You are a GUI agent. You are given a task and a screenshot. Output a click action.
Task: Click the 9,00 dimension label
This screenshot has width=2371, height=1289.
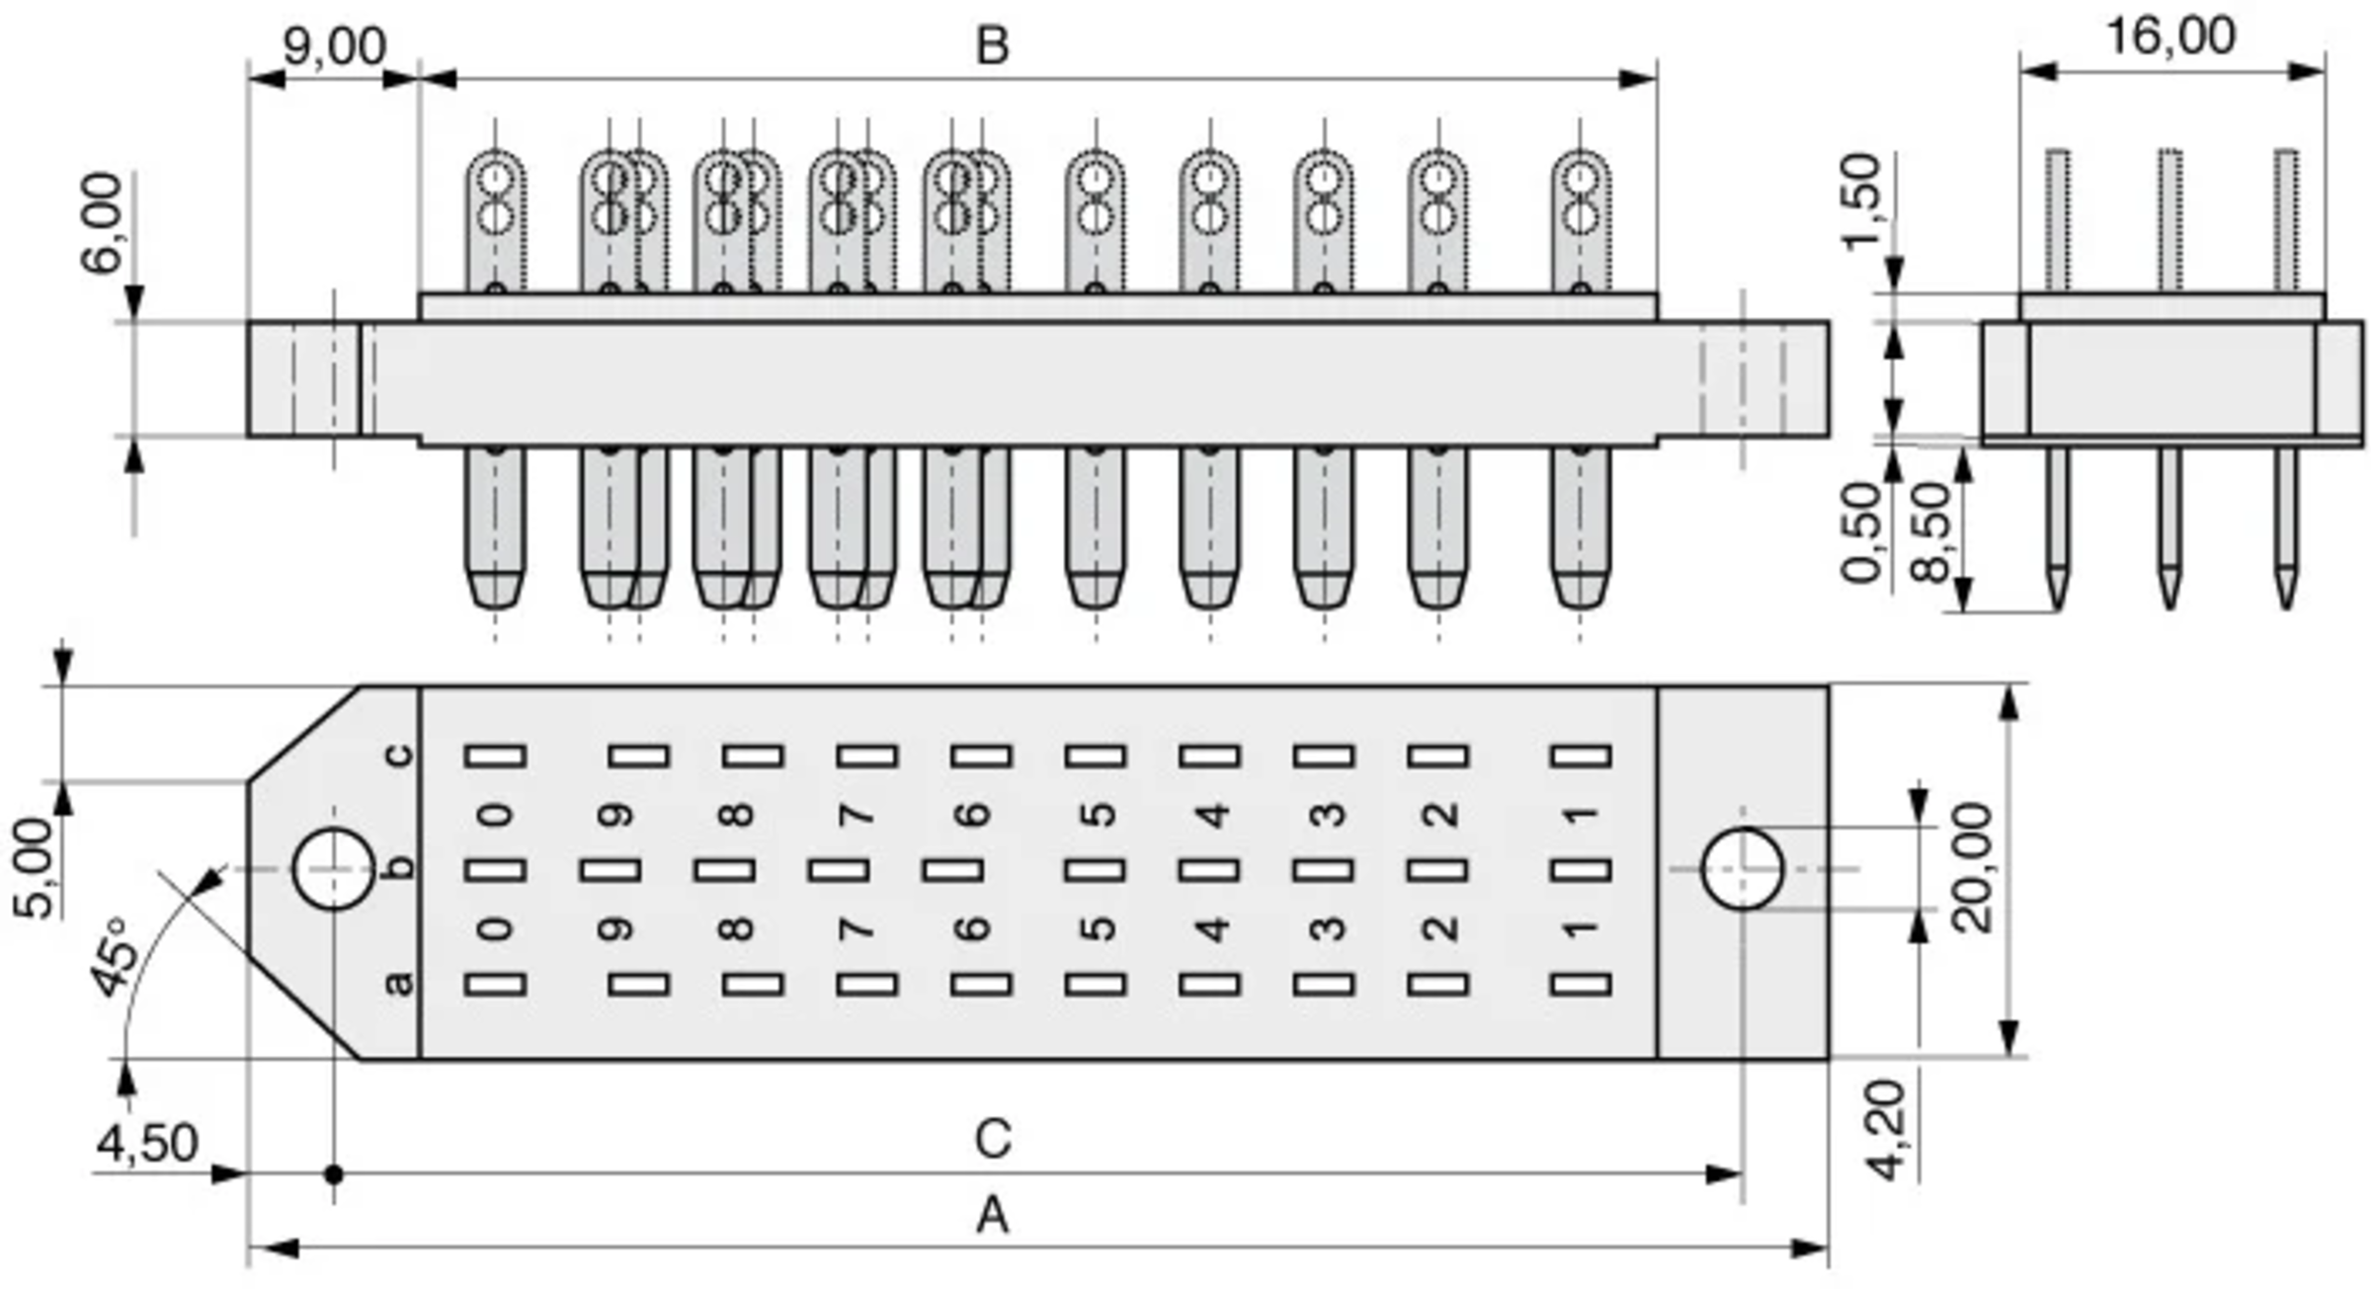pos(334,46)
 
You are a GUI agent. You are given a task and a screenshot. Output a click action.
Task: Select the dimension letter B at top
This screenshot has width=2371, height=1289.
pos(992,46)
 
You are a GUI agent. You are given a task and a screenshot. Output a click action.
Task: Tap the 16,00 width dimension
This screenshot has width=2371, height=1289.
pos(2170,37)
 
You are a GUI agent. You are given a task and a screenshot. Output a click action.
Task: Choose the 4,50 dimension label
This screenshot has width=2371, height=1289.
pos(147,1144)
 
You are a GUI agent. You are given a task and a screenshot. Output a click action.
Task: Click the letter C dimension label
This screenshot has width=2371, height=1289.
pos(992,1139)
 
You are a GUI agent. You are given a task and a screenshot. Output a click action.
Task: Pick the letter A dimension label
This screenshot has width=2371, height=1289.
pos(992,1216)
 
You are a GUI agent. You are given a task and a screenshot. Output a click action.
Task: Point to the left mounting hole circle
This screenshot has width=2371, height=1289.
pos(334,869)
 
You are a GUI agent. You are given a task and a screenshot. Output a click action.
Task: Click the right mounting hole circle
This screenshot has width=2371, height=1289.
pos(1742,869)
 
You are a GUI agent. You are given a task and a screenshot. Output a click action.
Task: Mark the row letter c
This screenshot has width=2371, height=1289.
pos(398,756)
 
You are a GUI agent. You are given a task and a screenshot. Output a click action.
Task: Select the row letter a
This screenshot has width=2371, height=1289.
pos(398,984)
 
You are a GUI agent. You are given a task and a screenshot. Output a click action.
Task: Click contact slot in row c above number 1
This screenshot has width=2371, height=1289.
pos(1581,757)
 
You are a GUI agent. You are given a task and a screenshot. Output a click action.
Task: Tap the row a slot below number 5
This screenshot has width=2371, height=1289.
pos(1096,985)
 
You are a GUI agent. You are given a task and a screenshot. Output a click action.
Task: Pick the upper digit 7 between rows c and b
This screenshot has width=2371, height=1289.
pos(856,815)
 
